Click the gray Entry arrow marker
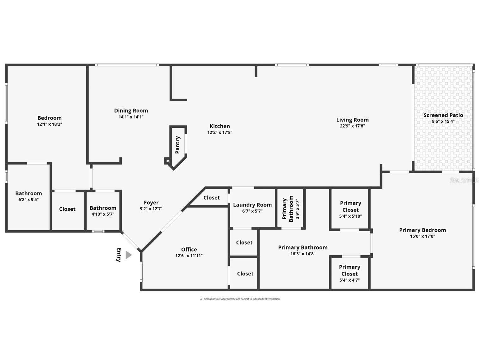coord(128,255)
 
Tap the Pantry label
coord(178,145)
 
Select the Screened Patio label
coord(443,115)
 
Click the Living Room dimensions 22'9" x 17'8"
coord(352,126)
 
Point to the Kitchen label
coord(220,126)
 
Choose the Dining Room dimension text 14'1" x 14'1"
coord(131,117)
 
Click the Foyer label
coord(151,203)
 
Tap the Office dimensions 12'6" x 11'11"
coord(189,256)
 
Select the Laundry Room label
coord(252,205)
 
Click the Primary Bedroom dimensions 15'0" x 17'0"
coord(422,236)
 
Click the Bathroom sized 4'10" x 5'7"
coord(103,211)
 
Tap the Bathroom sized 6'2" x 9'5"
coord(28,196)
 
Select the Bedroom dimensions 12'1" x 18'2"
coord(49,124)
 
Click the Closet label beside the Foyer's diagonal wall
coord(212,198)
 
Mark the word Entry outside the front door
coord(119,255)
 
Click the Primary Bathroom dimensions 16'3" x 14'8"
coord(303,254)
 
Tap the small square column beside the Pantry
coord(167,161)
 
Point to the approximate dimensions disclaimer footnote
coord(240,299)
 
